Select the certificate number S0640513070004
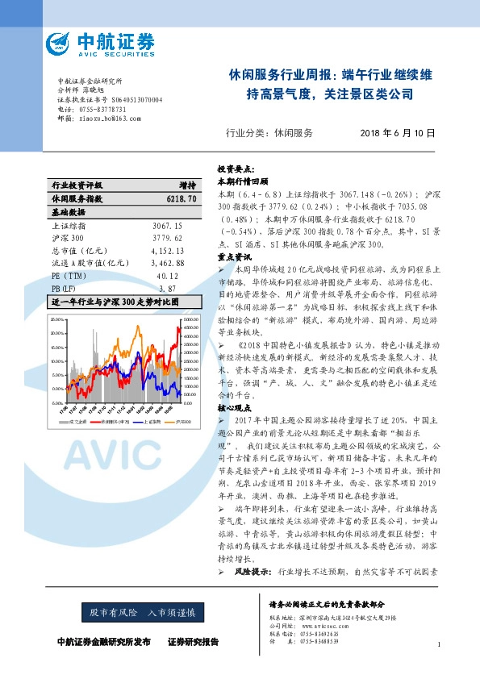(x=133, y=99)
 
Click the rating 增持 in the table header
(x=187, y=185)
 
